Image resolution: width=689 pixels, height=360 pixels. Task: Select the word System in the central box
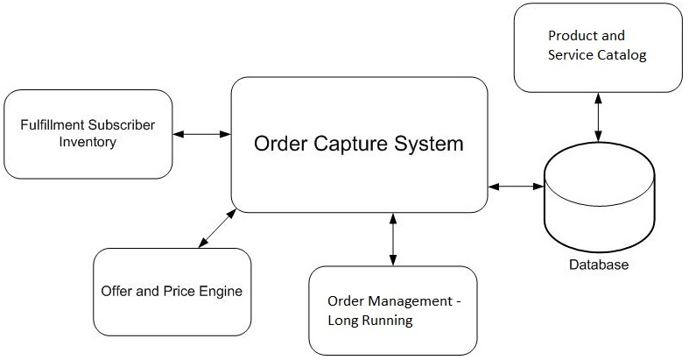tap(429, 144)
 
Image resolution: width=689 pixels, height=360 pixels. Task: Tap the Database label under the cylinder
tap(599, 265)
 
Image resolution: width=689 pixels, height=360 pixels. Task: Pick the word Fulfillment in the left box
tap(54, 125)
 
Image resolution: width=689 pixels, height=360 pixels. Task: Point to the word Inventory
tap(88, 141)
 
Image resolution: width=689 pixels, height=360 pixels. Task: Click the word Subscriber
tap(123, 125)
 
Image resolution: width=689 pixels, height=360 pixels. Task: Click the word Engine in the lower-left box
tap(221, 290)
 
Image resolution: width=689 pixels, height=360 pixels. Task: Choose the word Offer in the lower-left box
tap(117, 290)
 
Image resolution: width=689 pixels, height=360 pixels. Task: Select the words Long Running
tap(369, 321)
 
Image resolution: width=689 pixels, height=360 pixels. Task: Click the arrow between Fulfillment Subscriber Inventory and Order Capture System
tap(201, 134)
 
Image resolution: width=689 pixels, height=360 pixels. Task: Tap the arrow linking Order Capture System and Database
tap(517, 187)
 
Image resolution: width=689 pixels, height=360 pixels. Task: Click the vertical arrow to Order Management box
tap(393, 239)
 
